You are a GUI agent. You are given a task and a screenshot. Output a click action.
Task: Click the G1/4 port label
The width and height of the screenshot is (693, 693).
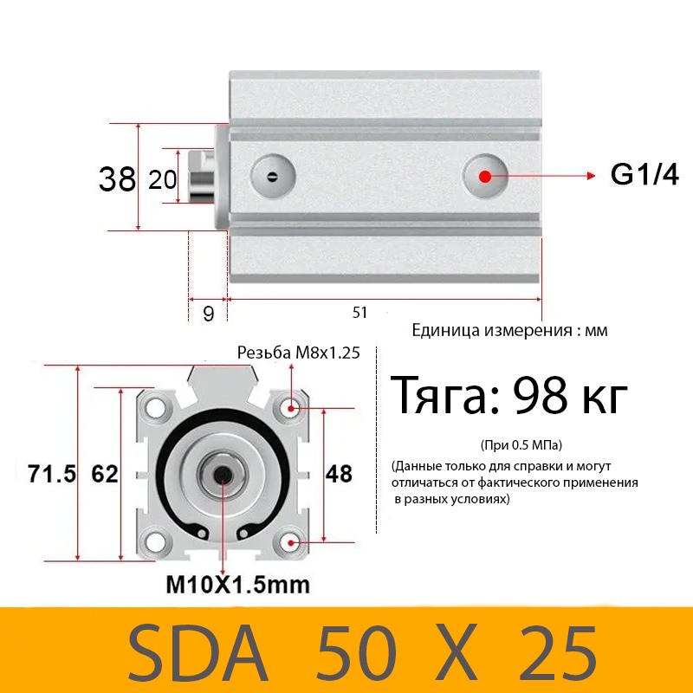[x=644, y=175]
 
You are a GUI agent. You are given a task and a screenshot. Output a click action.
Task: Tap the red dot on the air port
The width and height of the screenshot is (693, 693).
[x=484, y=176]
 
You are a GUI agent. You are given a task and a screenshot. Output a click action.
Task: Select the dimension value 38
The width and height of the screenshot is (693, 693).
[x=117, y=179]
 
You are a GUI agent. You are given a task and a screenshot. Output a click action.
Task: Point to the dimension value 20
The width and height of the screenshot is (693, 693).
[x=163, y=179]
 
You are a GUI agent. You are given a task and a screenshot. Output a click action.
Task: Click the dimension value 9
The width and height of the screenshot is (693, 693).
[x=208, y=314]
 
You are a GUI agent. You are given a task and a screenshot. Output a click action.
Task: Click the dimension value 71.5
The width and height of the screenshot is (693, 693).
[x=52, y=474]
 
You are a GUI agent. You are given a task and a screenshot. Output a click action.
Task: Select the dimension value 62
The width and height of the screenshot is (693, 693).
[x=104, y=474]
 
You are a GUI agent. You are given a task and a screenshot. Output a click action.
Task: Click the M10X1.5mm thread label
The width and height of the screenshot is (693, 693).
[x=237, y=585]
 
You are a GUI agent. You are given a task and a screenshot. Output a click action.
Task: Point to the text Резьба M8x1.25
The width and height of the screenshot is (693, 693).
[x=298, y=353]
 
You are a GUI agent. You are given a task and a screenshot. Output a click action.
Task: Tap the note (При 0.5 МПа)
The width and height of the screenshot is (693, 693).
[x=521, y=445]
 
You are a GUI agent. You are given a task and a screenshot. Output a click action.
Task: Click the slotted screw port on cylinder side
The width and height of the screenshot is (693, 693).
[x=273, y=178]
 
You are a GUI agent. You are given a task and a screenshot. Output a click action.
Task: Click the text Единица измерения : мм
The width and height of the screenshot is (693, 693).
[x=510, y=330]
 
